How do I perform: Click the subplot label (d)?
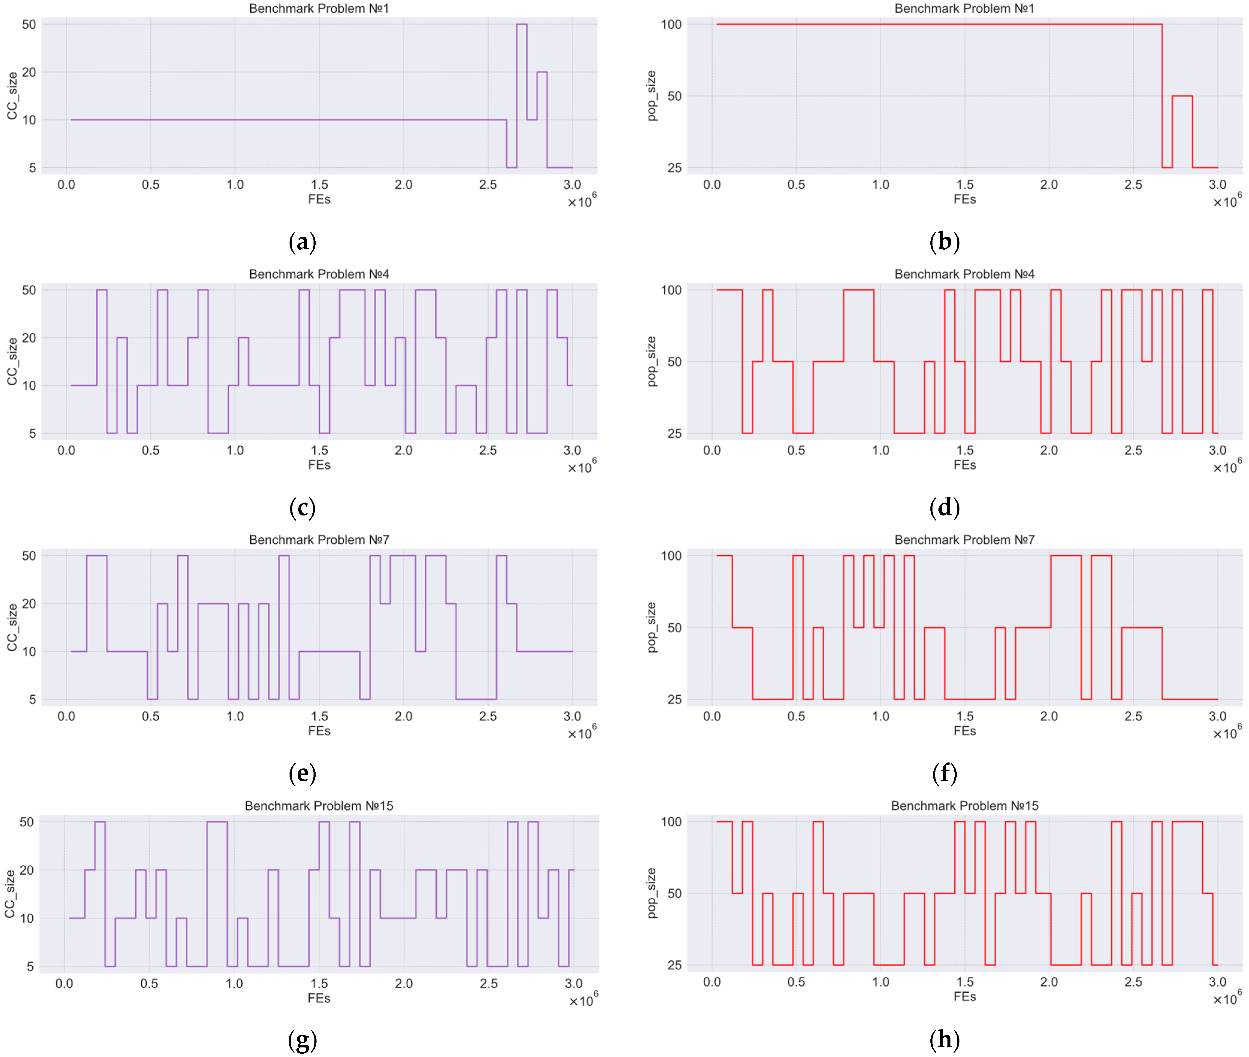click(944, 507)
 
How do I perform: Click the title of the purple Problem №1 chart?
click(319, 8)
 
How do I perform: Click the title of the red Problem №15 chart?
click(964, 806)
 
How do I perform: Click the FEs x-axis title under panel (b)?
click(964, 200)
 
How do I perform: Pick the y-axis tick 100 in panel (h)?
click(671, 821)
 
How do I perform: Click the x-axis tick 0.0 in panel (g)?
click(64, 983)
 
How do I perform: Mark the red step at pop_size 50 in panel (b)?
click(1182, 96)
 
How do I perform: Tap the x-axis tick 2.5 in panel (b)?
click(1133, 185)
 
